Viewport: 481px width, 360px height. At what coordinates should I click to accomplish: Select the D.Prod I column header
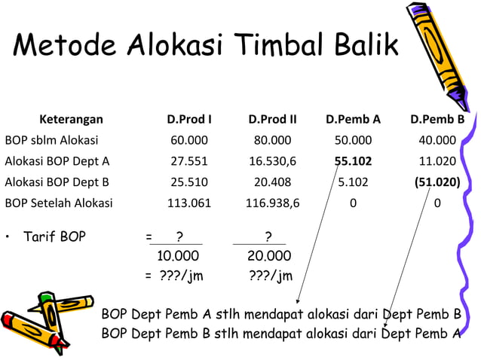click(189, 119)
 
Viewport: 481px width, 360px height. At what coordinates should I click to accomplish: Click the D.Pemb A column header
click(353, 119)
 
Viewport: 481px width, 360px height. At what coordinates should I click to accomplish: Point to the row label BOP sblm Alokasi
click(51, 139)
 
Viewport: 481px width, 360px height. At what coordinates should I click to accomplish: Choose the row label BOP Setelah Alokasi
click(59, 203)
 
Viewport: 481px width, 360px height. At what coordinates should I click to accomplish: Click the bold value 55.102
click(353, 160)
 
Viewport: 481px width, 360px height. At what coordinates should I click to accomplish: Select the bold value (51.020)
click(437, 182)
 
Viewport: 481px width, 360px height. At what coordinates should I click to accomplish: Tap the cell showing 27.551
click(189, 160)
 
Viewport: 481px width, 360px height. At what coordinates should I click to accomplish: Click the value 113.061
click(189, 203)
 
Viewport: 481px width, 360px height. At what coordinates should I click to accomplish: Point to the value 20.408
click(272, 182)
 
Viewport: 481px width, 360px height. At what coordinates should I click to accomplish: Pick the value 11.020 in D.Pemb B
click(437, 160)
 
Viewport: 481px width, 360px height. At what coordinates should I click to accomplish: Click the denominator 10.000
click(176, 256)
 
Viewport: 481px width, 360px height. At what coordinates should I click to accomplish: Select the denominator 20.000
click(269, 256)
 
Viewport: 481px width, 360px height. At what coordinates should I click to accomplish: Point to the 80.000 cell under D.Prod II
click(272, 139)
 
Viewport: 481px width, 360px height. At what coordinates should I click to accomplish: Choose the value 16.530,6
click(272, 160)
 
